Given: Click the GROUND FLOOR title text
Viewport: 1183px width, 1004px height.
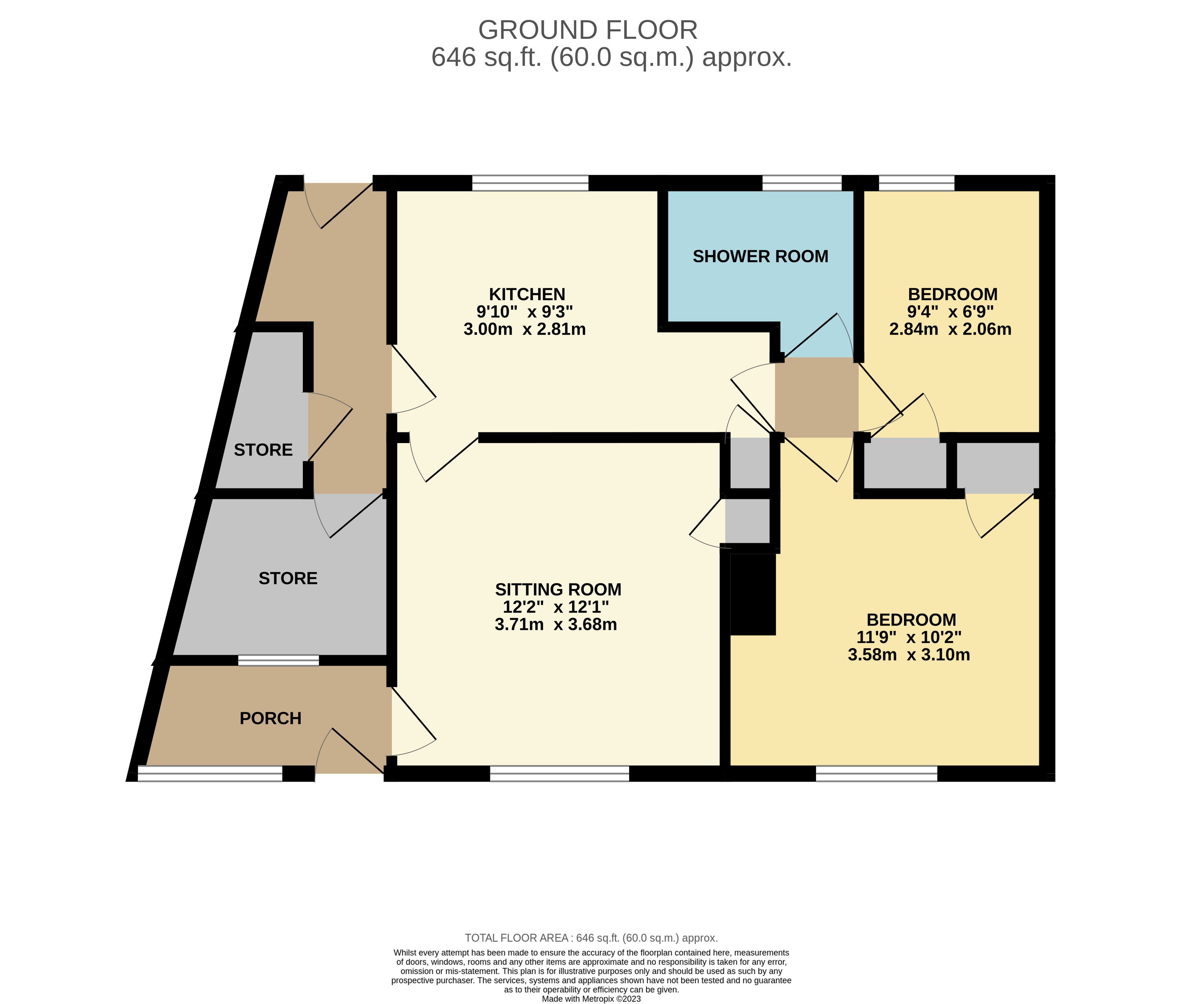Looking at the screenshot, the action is (588, 30).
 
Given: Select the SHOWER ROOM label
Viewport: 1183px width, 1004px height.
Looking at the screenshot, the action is (760, 257).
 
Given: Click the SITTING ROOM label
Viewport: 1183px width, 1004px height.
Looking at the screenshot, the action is (558, 589).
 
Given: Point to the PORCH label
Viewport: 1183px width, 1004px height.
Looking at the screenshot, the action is (271, 718).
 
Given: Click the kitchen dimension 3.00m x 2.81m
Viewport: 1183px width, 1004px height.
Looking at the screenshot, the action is (525, 329).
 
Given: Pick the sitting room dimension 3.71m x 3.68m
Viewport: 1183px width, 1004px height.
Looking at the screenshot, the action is (556, 624).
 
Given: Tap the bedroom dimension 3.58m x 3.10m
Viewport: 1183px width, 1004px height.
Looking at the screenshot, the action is (909, 654).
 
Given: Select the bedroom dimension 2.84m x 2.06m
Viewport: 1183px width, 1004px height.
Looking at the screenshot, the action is (950, 329).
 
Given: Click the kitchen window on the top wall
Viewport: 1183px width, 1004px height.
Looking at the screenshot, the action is (530, 183).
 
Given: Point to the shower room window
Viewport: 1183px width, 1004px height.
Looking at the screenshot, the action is (801, 183).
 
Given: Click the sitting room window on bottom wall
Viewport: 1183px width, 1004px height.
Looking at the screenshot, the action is (560, 774).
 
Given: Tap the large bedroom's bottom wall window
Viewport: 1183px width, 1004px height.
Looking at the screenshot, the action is (876, 774).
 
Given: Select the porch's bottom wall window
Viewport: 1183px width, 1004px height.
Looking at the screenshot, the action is (210, 774).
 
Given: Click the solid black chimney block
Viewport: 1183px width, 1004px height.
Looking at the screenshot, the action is (753, 594).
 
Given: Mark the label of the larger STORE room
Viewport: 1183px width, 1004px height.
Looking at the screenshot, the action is (288, 578).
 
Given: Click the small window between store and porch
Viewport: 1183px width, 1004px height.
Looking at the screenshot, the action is (279, 660).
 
